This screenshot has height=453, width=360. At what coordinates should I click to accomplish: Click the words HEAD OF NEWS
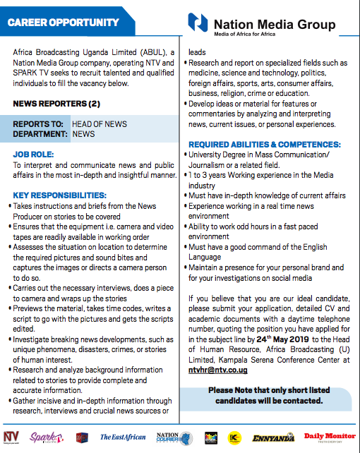[100, 124]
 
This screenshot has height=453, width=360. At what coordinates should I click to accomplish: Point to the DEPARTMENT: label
[40, 133]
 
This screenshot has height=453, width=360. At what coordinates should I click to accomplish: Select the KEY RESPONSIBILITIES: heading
[60, 194]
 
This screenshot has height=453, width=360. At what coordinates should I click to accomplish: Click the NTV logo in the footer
[11, 437]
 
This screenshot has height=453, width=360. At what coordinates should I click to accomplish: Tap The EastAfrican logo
[124, 437]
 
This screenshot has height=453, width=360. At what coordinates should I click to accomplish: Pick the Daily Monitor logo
[328, 437]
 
